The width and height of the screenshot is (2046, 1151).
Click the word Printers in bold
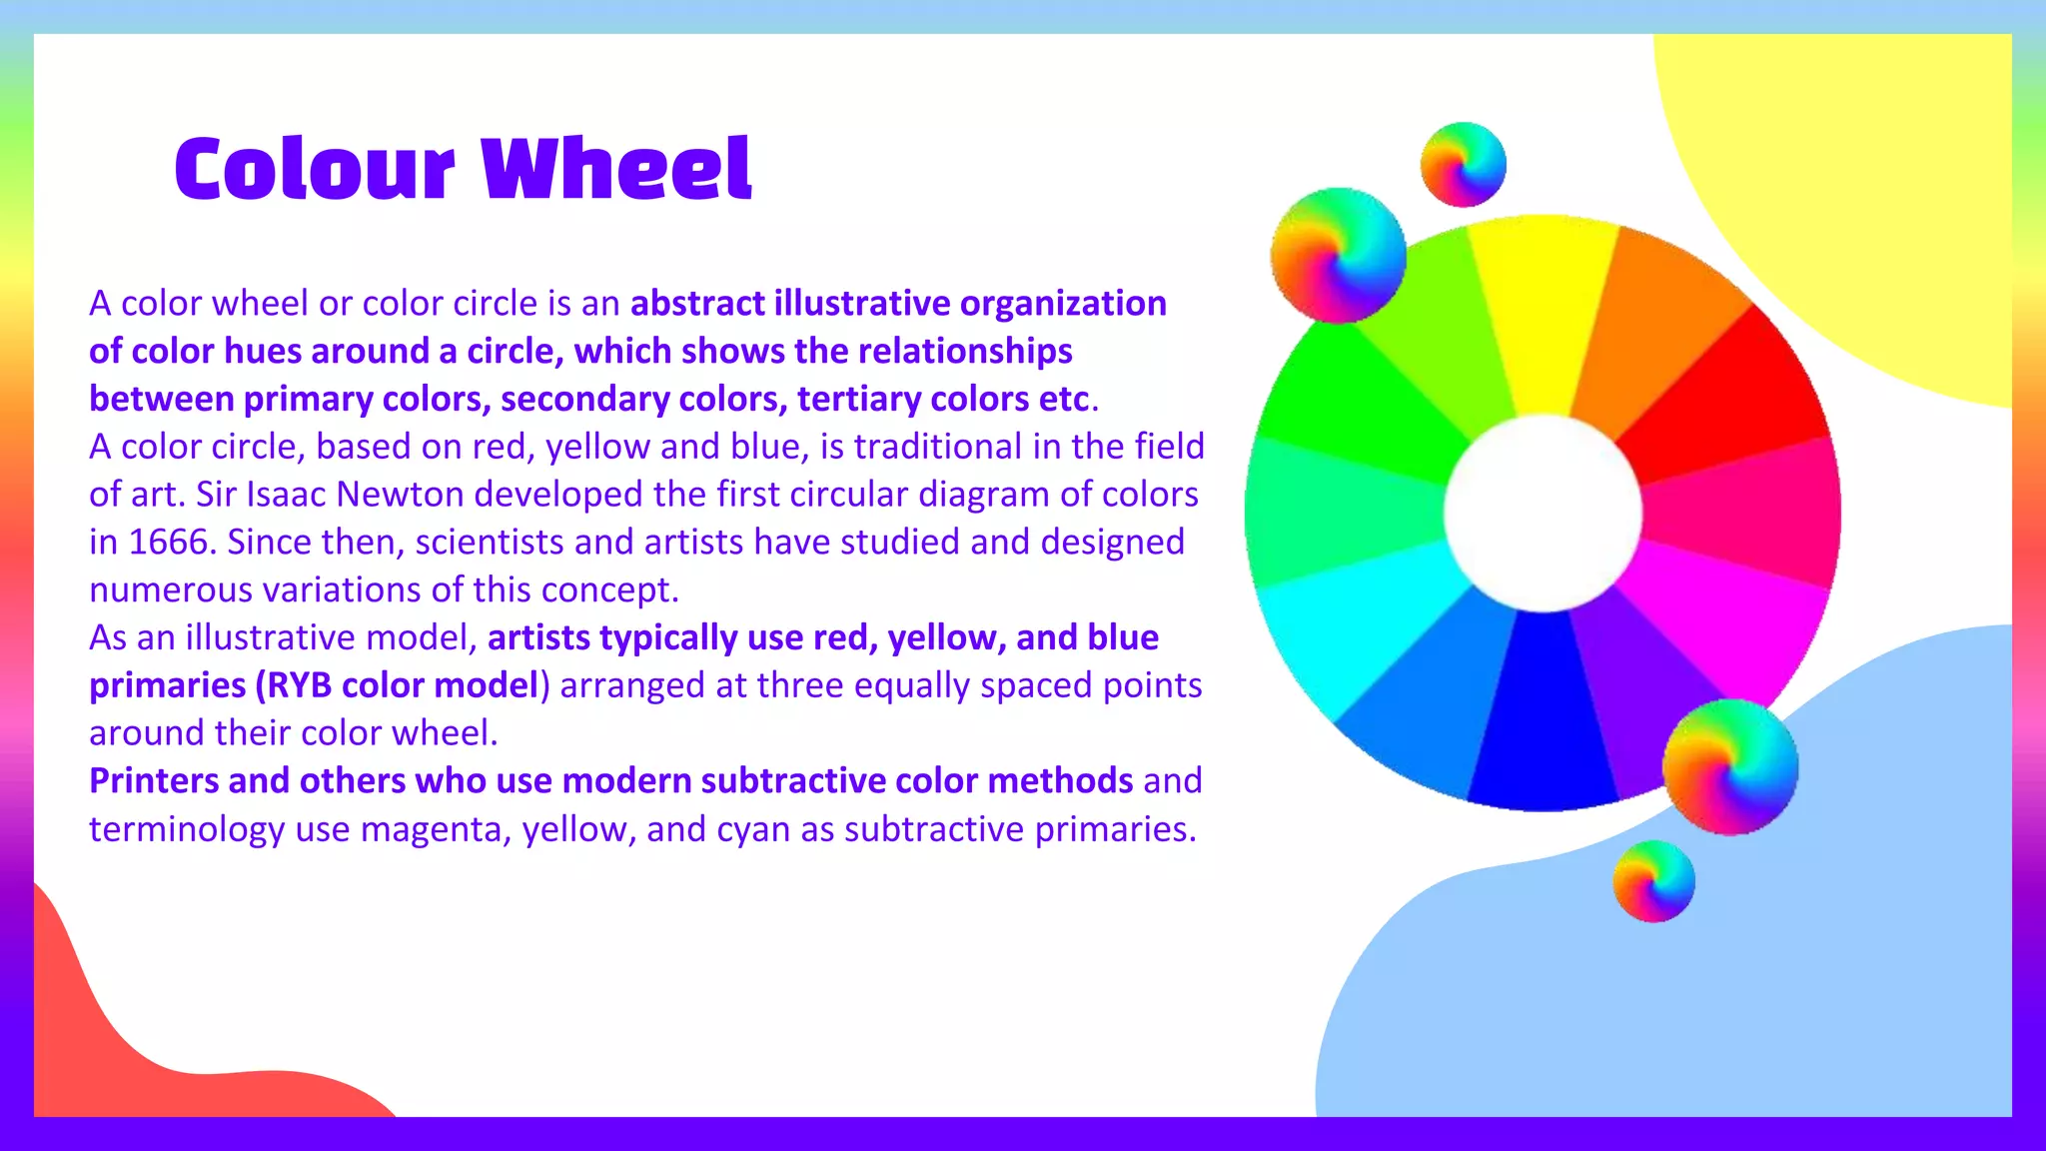pyautogui.click(x=153, y=780)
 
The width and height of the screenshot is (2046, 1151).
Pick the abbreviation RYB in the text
pyautogui.click(x=299, y=685)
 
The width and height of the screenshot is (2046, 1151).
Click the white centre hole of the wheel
pyautogui.click(x=1542, y=513)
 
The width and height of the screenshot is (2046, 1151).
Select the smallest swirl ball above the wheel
pyautogui.click(x=1464, y=165)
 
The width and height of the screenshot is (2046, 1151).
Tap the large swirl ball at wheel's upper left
pyautogui.click(x=1339, y=256)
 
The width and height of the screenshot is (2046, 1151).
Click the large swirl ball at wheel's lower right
pyautogui.click(x=1730, y=767)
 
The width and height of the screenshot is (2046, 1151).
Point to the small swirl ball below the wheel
pyautogui.click(x=1653, y=881)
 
